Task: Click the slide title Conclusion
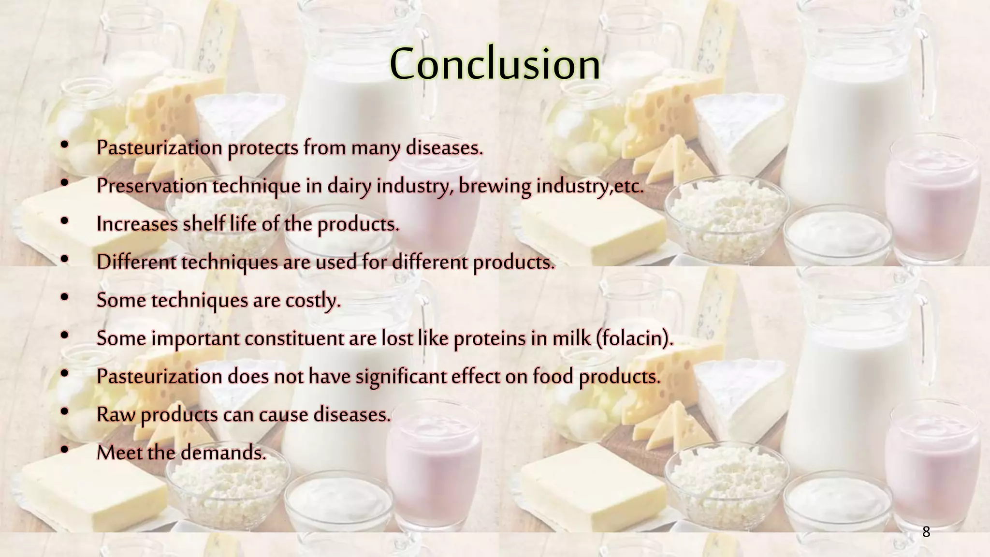click(x=495, y=64)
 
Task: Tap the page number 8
click(x=926, y=532)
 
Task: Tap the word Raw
click(x=116, y=415)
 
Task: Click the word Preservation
click(x=152, y=186)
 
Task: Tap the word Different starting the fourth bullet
click(x=136, y=262)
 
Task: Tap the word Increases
click(x=137, y=224)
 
